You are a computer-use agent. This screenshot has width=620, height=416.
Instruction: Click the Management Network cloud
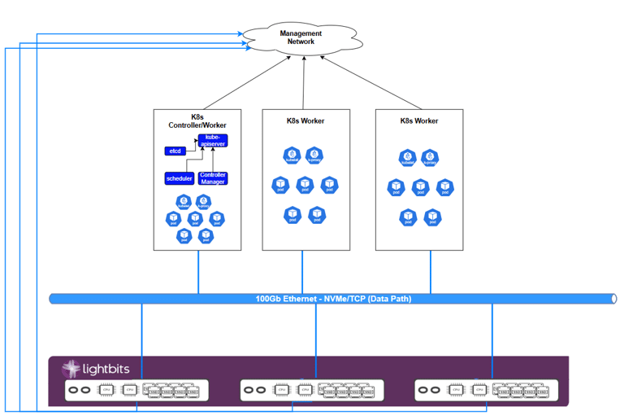[301, 37]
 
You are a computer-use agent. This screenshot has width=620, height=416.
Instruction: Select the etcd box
[175, 151]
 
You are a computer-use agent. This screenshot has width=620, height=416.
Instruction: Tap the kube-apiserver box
[212, 141]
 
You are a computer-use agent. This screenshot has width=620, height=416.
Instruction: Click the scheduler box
[180, 178]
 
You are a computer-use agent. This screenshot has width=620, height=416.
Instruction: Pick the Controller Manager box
[213, 178]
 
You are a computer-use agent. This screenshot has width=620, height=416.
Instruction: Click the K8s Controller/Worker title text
[197, 120]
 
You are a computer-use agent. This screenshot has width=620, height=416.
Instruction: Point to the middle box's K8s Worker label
[306, 120]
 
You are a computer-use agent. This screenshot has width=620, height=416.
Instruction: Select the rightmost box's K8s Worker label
[419, 120]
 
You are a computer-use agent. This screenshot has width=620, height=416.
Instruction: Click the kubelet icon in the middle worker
[292, 155]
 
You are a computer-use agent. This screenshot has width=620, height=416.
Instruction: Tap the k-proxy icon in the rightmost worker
[430, 158]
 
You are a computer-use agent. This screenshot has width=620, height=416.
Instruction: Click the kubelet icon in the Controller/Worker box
[183, 203]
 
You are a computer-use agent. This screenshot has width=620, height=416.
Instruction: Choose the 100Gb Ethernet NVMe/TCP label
[333, 299]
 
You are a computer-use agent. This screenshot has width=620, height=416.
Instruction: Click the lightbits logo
[94, 370]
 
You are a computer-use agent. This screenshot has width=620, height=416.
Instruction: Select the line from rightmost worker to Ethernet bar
[431, 271]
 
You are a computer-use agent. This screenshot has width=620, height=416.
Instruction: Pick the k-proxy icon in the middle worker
[314, 155]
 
